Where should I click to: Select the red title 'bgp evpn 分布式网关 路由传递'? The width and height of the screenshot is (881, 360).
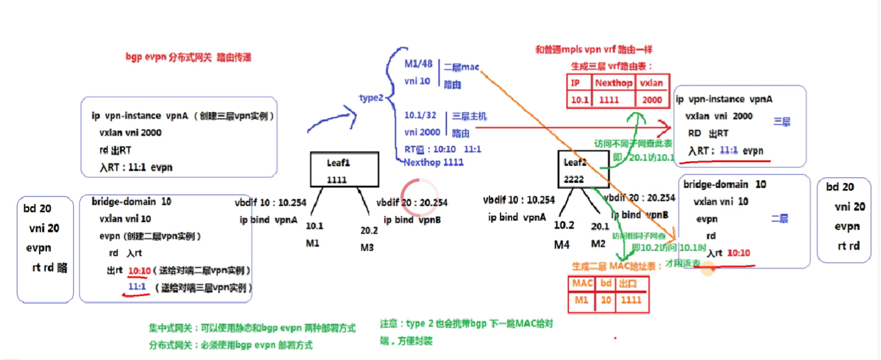pyautogui.click(x=189, y=57)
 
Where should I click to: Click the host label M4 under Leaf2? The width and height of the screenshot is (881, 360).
pyautogui.click(x=561, y=243)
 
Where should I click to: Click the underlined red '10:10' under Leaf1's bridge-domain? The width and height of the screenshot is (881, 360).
pyautogui.click(x=139, y=271)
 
